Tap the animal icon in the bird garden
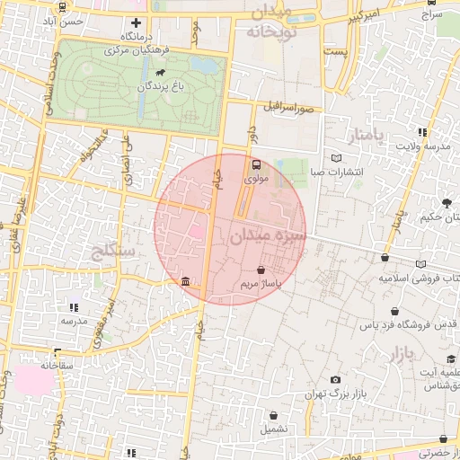coord(159,73)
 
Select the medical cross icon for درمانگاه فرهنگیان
coord(136,23)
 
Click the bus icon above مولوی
coord(256,165)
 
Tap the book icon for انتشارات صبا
coord(337,158)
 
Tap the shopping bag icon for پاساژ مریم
coord(261,270)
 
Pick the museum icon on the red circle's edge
coord(185,282)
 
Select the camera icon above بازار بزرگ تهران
coord(335,380)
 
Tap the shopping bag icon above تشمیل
coord(273,415)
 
